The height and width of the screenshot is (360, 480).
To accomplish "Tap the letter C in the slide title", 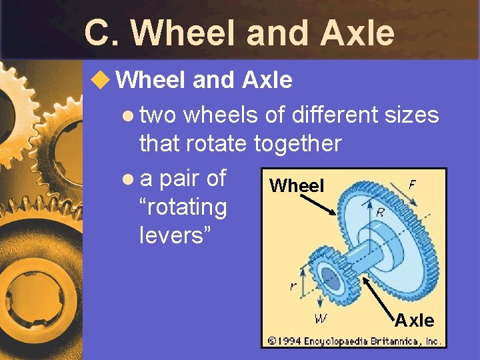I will pyautogui.click(x=99, y=33).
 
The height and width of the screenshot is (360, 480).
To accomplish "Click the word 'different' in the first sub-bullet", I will pyautogui.click(x=334, y=115).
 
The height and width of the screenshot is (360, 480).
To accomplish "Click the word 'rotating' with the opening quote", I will pyautogui.click(x=183, y=207).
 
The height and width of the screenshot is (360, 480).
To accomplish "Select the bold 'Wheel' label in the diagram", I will pyautogui.click(x=297, y=186).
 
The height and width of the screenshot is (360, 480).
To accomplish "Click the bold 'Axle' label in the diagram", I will pyautogui.click(x=414, y=321).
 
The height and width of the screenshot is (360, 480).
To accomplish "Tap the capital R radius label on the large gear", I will pyautogui.click(x=379, y=213).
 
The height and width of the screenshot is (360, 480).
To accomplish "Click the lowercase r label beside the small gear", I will pyautogui.click(x=293, y=287).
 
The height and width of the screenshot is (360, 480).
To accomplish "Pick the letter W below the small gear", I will pyautogui.click(x=321, y=319).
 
